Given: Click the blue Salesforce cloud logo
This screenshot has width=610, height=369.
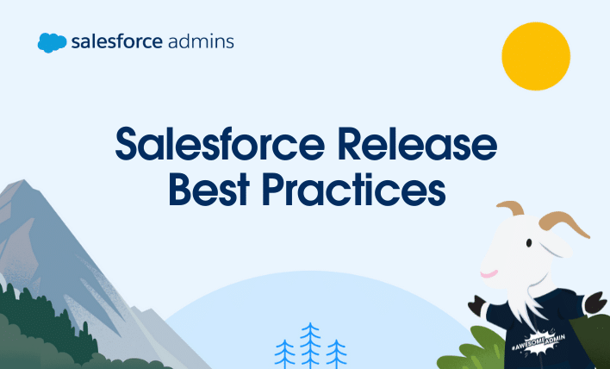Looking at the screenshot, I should tap(53, 42).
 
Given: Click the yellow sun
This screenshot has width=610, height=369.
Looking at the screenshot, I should tap(536, 56).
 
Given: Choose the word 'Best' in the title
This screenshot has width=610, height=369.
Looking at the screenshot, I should tap(210, 189).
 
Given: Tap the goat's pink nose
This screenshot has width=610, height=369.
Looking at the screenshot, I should tap(487, 273).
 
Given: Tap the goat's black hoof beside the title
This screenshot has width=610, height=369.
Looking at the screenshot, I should tap(476, 303).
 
